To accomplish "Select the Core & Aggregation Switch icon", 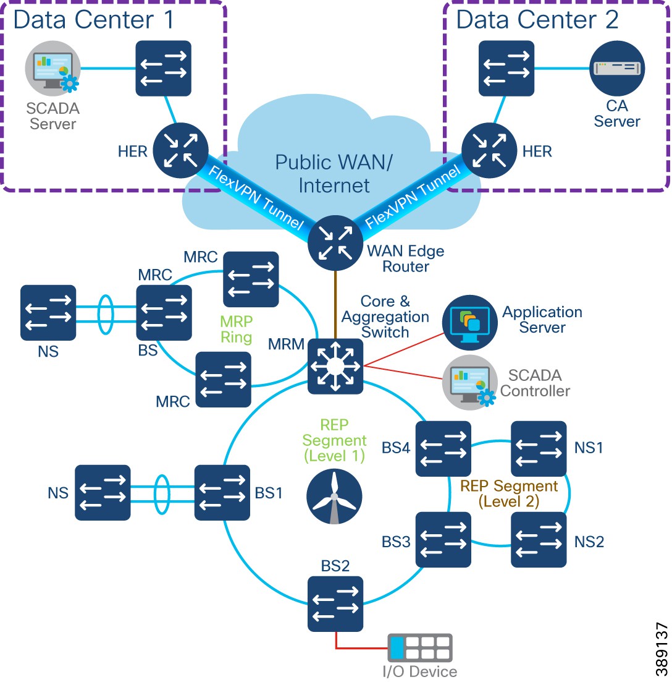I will pyautogui.click(x=335, y=366).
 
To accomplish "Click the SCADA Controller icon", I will pyautogui.click(x=470, y=383).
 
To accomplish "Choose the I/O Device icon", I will pyautogui.click(x=420, y=649).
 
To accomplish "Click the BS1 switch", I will pyautogui.click(x=222, y=493).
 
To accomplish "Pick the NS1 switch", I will pyautogui.click(x=539, y=449).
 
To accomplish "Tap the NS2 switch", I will pyautogui.click(x=539, y=540).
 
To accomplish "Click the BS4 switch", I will pyautogui.click(x=443, y=449).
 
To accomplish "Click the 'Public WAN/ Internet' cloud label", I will pyautogui.click(x=334, y=174).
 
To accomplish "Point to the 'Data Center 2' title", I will pyautogui.click(x=537, y=20).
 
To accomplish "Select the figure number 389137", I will pyautogui.click(x=661, y=649).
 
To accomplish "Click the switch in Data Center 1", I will pyautogui.click(x=163, y=69).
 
